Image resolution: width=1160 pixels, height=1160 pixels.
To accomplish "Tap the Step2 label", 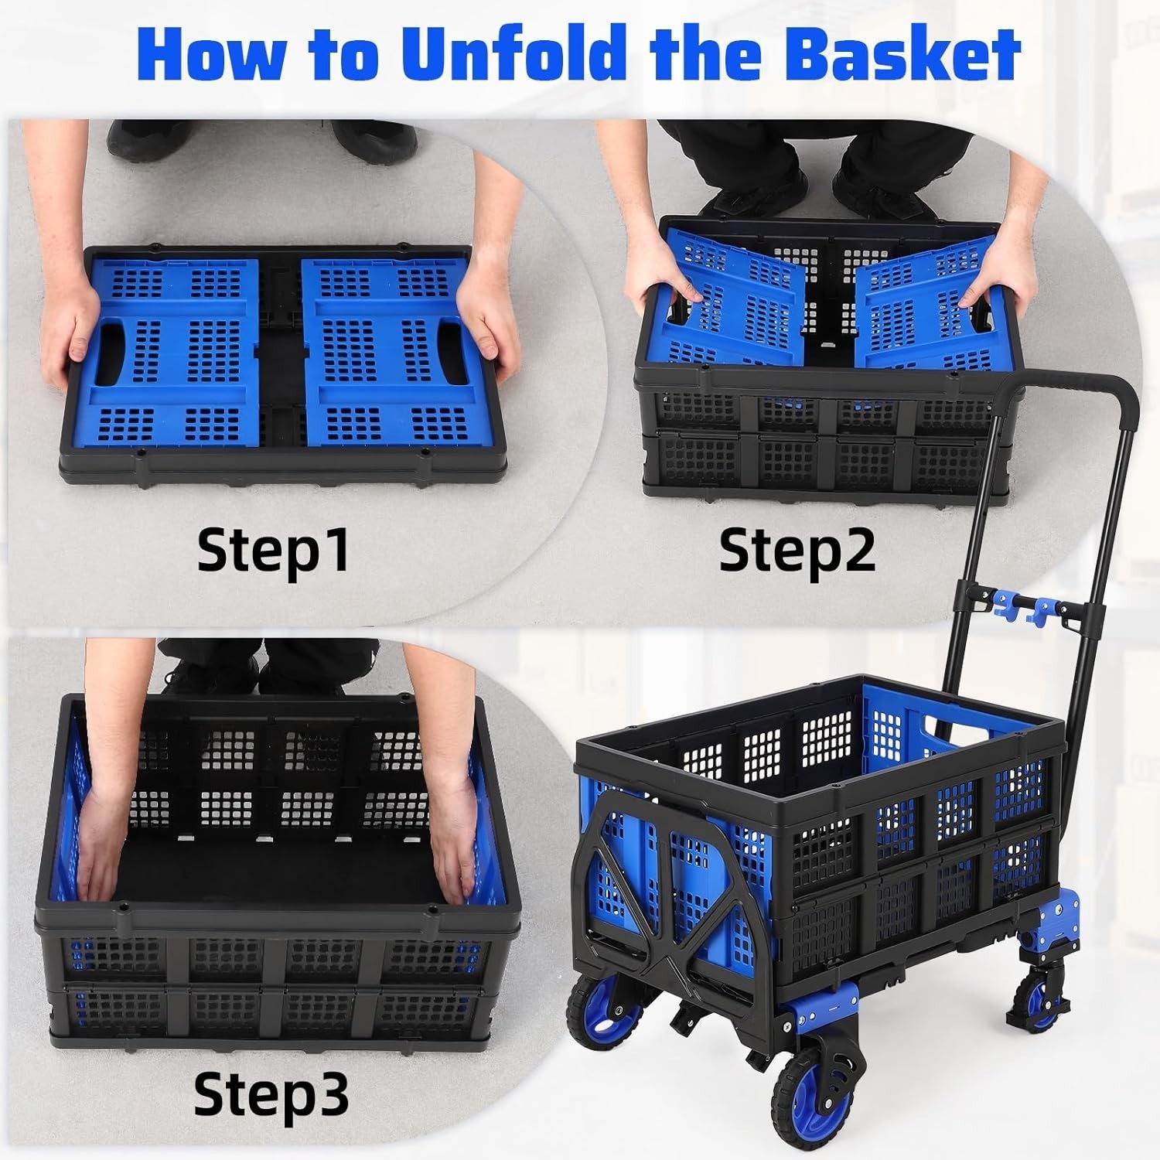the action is (797, 550).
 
